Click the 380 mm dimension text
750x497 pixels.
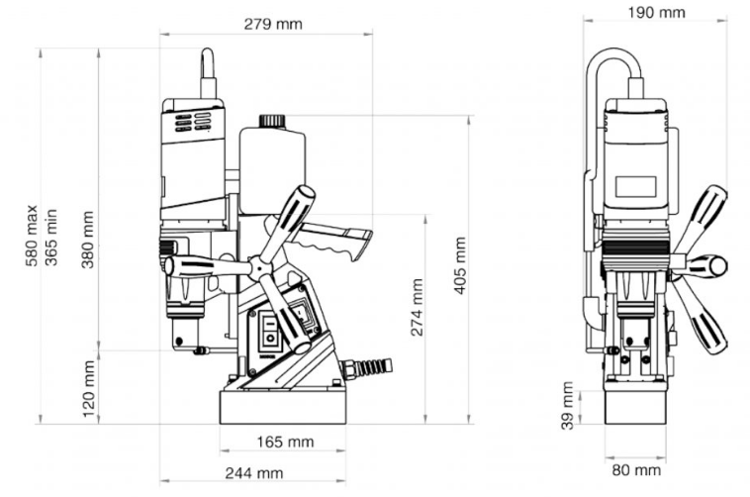click(x=89, y=242)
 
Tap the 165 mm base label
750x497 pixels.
click(x=286, y=441)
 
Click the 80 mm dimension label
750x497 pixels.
click(x=633, y=470)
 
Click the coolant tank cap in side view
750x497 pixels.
click(x=272, y=121)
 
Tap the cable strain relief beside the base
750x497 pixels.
click(x=368, y=368)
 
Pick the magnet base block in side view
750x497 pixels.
click(x=282, y=407)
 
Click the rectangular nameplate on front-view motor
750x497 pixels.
click(x=635, y=186)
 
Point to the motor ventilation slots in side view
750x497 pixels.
click(x=193, y=121)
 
